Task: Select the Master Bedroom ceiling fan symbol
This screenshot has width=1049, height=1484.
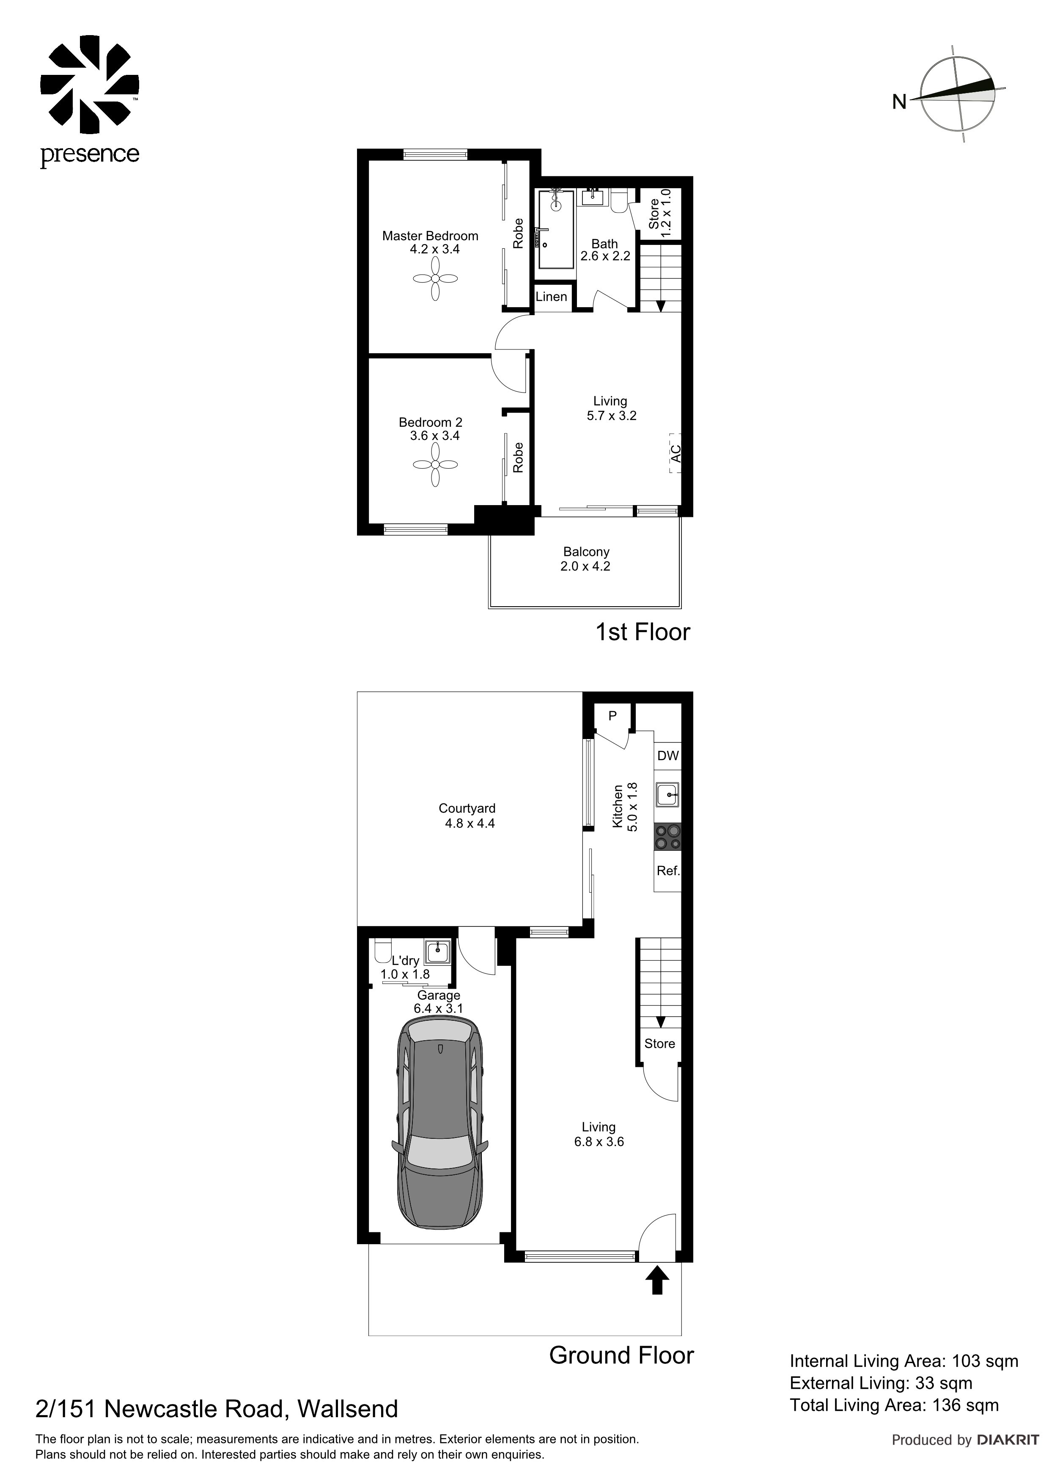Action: (x=435, y=279)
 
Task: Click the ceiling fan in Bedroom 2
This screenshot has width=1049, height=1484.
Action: (x=435, y=465)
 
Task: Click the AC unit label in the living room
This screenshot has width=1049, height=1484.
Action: (x=676, y=453)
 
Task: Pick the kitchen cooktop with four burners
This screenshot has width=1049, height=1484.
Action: (x=667, y=836)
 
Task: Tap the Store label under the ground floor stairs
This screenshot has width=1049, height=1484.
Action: (x=659, y=1043)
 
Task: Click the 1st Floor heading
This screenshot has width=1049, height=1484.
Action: (x=643, y=632)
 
